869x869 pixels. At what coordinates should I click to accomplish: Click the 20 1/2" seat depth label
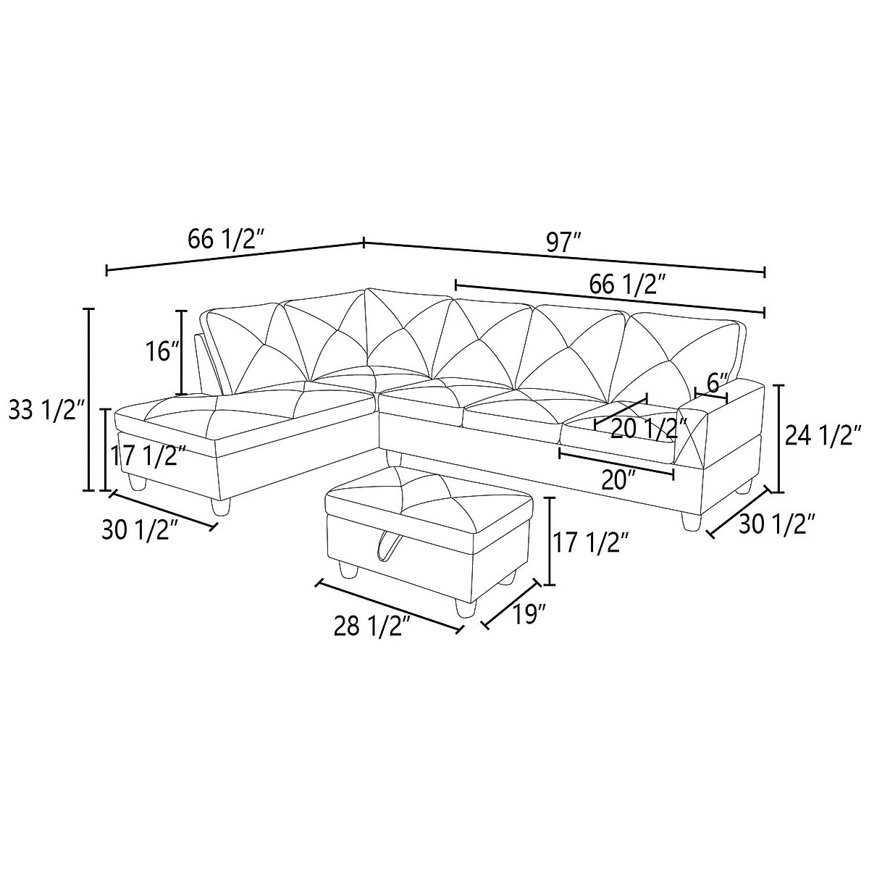[648, 429]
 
